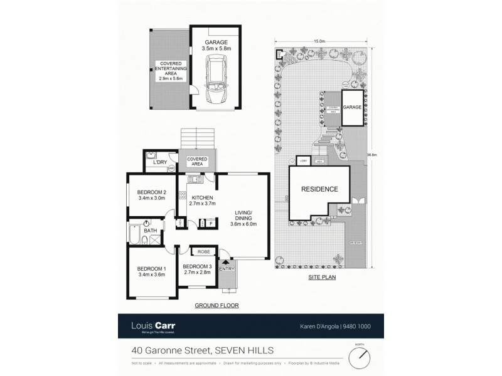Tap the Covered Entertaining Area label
[x=171, y=69]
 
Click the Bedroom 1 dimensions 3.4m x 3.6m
[x=151, y=274]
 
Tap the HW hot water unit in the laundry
[x=171, y=167]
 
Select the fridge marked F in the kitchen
[x=210, y=222]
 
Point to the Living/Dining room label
[x=243, y=216]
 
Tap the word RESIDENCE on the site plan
[x=319, y=189]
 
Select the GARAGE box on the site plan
[x=352, y=107]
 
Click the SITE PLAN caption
[x=319, y=276]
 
